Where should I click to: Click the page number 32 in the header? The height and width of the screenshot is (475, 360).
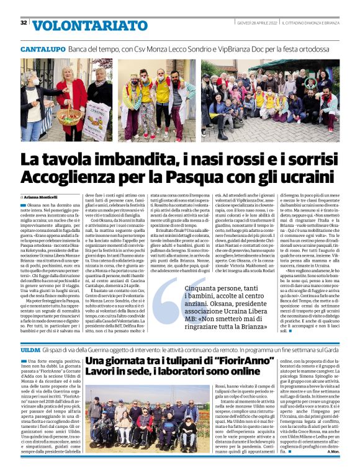pyautogui.click(x=24, y=23)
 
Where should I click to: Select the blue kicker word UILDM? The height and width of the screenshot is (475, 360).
pyautogui.click(x=31, y=351)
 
